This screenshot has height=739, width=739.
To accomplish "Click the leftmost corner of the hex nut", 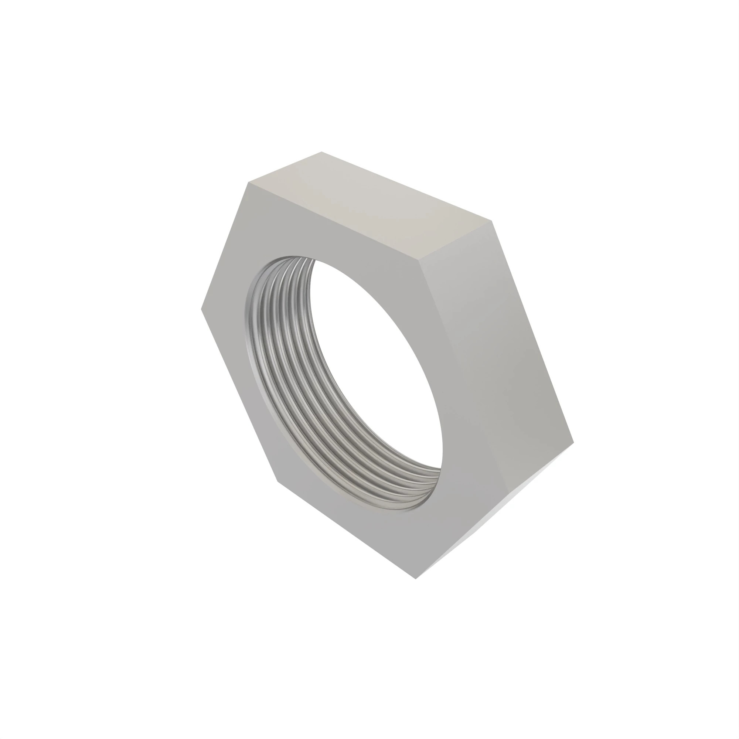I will (x=202, y=309).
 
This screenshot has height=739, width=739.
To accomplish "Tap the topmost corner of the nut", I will (x=321, y=152).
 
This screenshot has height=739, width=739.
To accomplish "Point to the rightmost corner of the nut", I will (x=573, y=442).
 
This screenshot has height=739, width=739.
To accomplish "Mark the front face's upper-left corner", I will (x=249, y=183).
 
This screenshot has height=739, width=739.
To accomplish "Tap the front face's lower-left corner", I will (x=278, y=481).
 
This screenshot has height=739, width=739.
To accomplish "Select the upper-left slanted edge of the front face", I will (x=225, y=246).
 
